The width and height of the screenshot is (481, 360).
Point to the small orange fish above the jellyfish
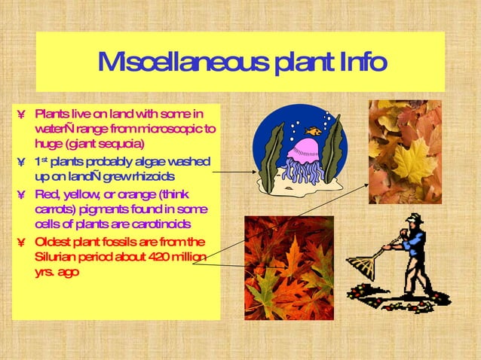(x=313, y=130)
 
